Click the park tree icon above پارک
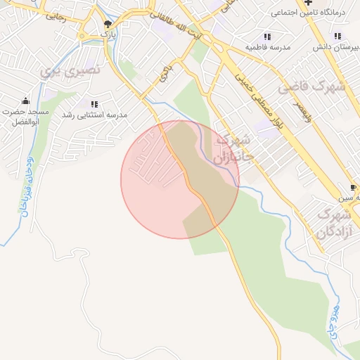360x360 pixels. (x=107, y=23)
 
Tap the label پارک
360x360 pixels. (x=107, y=33)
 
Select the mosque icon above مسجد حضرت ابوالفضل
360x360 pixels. (x=26, y=101)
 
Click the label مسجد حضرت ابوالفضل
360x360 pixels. (x=25, y=117)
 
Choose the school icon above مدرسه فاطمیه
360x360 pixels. (x=267, y=37)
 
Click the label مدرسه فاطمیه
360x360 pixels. (x=267, y=47)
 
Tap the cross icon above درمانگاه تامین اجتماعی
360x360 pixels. (x=308, y=2)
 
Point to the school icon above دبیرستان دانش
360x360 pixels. (x=338, y=36)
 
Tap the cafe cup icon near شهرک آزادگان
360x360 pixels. (x=354, y=188)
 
